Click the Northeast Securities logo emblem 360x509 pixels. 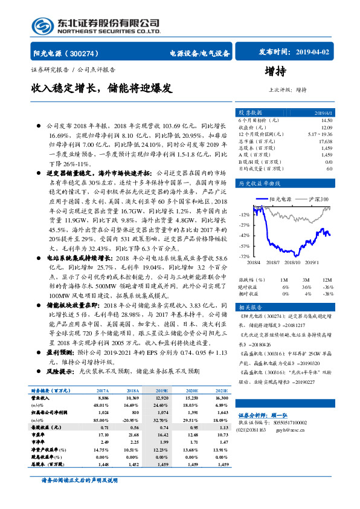click(x=42, y=25)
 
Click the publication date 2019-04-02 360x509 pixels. click(x=310, y=53)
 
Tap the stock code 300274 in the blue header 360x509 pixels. click(x=91, y=53)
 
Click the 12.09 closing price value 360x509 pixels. click(x=327, y=127)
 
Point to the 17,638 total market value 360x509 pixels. click(x=325, y=141)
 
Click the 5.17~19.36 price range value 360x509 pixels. click(x=320, y=134)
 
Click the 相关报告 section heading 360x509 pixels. click(x=248, y=307)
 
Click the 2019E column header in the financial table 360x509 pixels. click(x=162, y=392)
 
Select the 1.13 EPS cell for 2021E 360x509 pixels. click(x=222, y=426)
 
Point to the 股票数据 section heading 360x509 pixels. click(x=249, y=112)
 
